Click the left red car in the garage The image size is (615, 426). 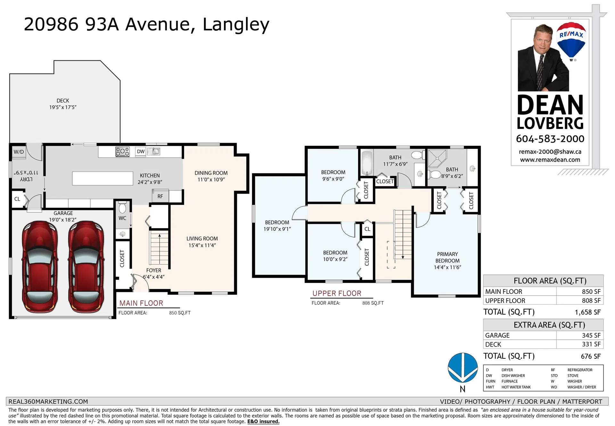coord(40,267)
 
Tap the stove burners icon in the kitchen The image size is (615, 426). coord(122,152)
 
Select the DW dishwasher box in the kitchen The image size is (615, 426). coord(141,152)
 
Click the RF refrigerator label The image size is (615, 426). coord(160,197)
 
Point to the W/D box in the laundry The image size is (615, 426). coord(19,152)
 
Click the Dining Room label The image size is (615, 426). coord(211,173)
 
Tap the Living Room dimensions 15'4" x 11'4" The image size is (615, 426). coord(202,245)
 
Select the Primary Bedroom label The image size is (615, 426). coord(447,257)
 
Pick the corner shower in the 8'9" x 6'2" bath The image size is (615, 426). coord(437,158)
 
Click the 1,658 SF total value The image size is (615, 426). coord(588,312)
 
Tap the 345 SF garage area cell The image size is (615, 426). coord(591,335)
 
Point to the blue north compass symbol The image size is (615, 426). coord(463,368)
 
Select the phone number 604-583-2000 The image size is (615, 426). coord(550,139)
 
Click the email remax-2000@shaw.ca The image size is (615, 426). coord(550,152)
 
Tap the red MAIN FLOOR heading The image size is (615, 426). coord(141,303)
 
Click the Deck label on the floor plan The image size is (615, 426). coord(63,100)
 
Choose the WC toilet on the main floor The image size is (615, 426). coord(122,208)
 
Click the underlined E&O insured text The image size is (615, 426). coord(263,422)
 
